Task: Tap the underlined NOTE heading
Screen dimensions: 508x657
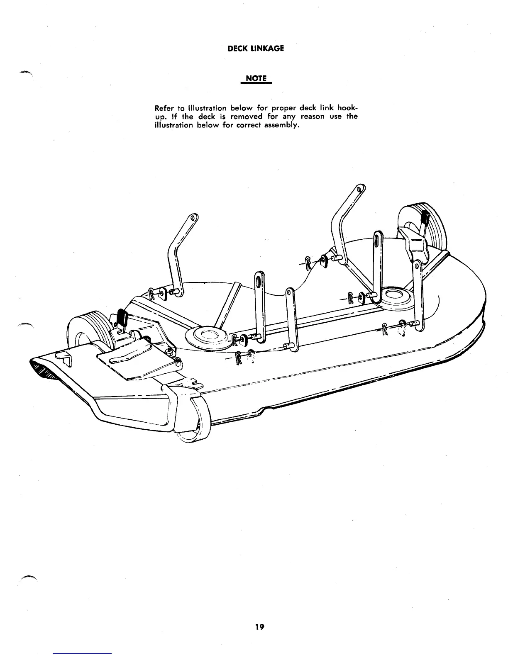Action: (x=256, y=78)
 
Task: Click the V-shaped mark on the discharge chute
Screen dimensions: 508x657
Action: (x=64, y=357)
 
